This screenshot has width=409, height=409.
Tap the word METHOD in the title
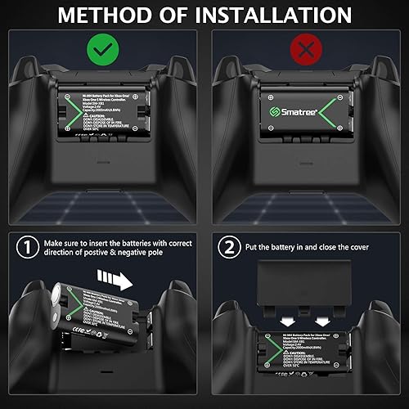104,14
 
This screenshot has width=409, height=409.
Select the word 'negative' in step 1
150,253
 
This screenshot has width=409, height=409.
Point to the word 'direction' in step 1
59,253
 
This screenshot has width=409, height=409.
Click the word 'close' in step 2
330,245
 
